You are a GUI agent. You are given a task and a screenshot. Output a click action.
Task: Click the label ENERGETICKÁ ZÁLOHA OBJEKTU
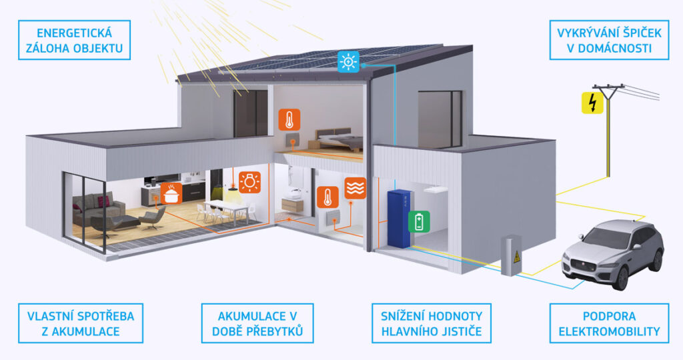75,40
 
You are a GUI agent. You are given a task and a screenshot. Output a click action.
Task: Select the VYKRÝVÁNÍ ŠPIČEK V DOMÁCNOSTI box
609,40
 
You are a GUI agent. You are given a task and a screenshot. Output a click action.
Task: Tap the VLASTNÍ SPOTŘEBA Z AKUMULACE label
81,323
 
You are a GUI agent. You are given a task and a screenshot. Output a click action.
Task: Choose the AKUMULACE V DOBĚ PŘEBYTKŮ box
257,323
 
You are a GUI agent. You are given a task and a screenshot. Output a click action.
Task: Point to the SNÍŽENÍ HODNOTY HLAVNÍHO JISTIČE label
432,323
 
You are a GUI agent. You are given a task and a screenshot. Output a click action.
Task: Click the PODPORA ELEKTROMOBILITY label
609,323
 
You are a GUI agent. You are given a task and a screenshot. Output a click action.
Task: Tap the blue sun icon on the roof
349,62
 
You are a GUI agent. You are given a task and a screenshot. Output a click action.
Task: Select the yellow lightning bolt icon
592,103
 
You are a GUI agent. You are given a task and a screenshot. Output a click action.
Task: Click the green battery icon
419,221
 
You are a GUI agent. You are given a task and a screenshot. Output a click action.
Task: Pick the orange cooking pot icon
171,193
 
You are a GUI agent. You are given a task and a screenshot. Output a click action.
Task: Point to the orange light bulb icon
249,182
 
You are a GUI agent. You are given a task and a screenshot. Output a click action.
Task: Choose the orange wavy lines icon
356,188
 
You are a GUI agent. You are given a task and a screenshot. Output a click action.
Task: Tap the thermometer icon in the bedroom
289,119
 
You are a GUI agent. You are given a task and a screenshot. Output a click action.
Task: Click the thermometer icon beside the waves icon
327,197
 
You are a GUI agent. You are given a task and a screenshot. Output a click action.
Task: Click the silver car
614,254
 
